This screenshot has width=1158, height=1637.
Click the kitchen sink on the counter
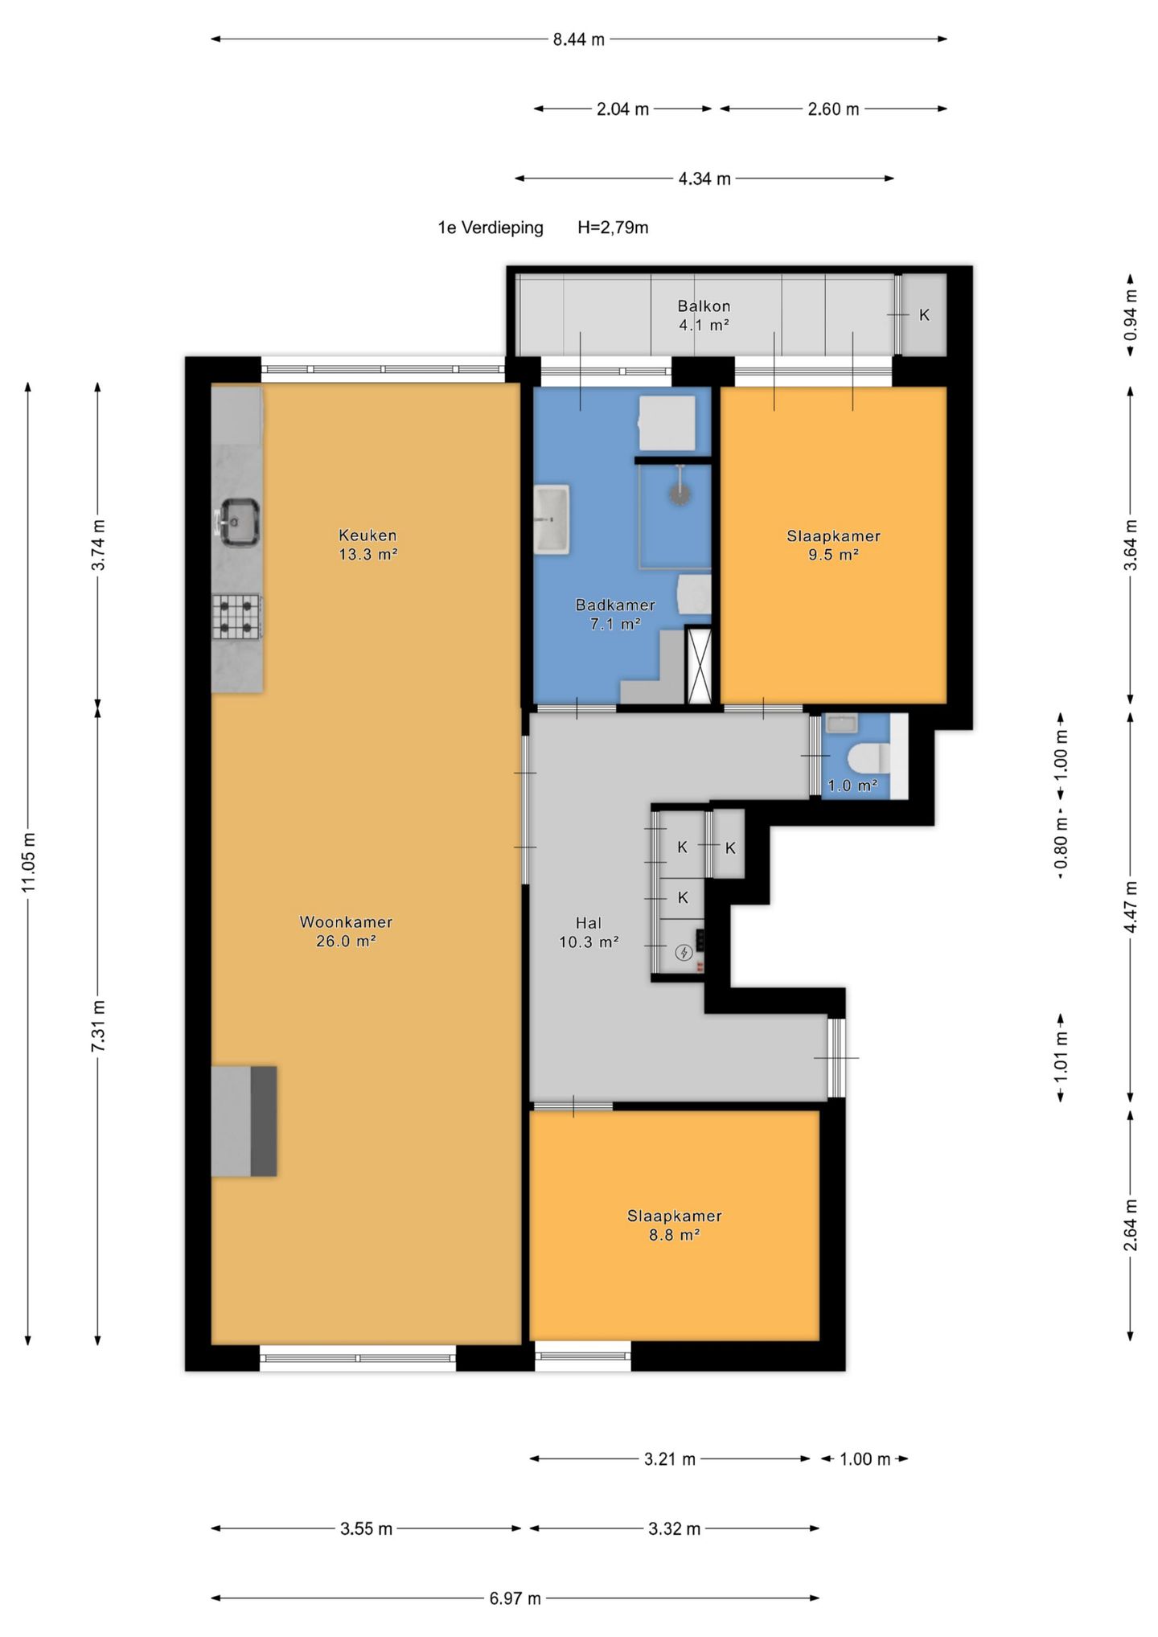tap(239, 523)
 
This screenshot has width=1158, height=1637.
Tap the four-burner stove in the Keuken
tap(236, 617)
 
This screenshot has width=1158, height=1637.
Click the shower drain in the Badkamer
tap(680, 494)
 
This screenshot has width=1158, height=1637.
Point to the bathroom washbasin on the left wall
tap(552, 519)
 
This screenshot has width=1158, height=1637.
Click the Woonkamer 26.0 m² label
tap(346, 931)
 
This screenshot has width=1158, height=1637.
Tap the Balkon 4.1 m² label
tap(704, 315)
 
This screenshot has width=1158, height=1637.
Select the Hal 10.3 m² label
tap(589, 933)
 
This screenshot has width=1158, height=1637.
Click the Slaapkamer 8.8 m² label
tap(674, 1225)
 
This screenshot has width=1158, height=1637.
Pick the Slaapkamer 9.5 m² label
tap(833, 545)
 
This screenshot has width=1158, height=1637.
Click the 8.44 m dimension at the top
tap(579, 39)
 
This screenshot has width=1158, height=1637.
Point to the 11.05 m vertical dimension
tap(28, 862)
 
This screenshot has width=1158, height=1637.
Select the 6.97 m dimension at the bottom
tap(515, 1598)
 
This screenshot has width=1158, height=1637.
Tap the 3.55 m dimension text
tap(366, 1528)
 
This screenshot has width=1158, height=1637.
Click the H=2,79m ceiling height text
tap(613, 228)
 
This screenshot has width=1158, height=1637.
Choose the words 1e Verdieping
tap(491, 228)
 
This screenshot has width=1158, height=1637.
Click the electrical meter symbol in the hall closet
tap(684, 953)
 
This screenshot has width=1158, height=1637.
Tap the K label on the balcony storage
tap(924, 315)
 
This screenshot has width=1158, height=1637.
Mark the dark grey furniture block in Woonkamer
tap(264, 1121)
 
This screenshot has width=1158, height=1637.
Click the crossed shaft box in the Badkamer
tap(699, 666)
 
